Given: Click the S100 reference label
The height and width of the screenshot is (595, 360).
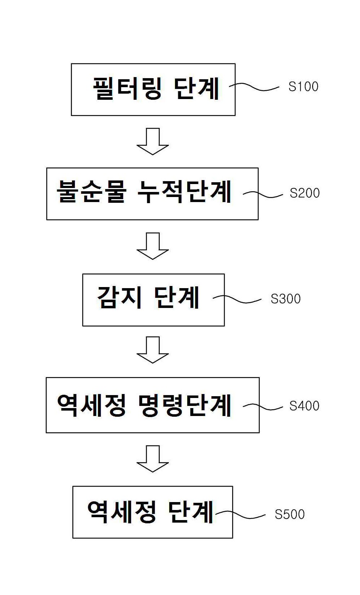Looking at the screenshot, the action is coord(303,86).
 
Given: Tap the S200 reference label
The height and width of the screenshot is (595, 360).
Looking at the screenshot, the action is coord(305,193).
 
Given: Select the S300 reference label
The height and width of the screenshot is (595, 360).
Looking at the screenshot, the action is coord(285,299).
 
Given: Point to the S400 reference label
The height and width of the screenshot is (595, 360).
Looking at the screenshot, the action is coord(304,406).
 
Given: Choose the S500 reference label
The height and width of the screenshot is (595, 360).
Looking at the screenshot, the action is coord(289,514).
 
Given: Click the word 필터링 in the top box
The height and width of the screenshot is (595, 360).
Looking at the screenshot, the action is coord(127,88).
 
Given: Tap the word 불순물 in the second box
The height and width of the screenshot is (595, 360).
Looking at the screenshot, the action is coord(91,192).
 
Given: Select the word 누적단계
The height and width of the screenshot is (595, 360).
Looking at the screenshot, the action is coord(184,192).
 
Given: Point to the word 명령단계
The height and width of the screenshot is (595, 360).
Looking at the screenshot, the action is coord(185,405).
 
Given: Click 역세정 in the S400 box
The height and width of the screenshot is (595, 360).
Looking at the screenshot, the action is coord(91,405).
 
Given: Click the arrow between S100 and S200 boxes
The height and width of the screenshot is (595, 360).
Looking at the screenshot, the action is coord(153,141).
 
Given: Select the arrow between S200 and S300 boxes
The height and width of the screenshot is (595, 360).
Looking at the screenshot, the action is coord(153,246).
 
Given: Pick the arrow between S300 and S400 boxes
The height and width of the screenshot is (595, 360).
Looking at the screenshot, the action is coord(153,350).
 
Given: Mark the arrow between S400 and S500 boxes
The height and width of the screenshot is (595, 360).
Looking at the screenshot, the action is coord(153,459).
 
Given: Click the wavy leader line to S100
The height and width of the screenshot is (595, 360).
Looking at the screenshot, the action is coord(254,86).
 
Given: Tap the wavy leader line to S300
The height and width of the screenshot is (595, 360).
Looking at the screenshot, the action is coord(237,299).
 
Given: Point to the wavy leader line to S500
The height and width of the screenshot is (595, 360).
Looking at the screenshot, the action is coord(240,515).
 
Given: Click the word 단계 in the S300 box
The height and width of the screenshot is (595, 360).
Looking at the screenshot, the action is coord(176,297).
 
